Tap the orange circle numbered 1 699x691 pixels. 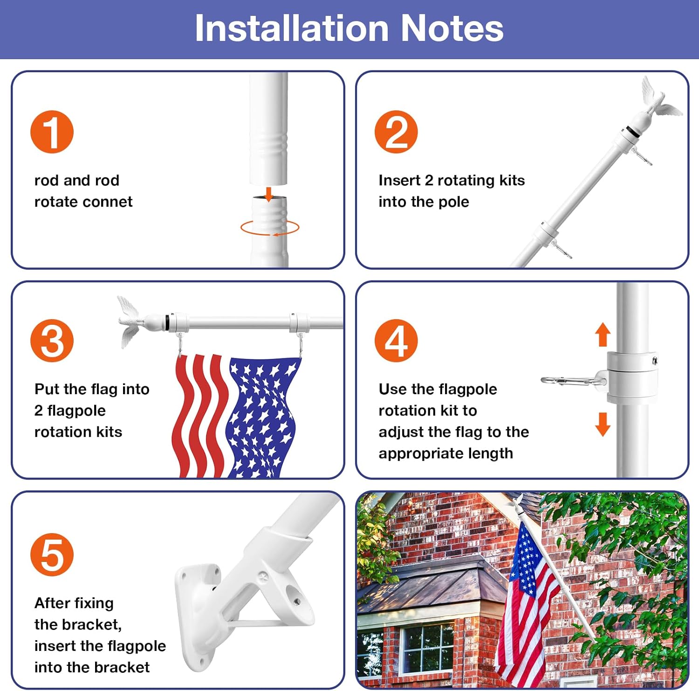tap(52, 132)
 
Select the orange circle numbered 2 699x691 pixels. tap(396, 132)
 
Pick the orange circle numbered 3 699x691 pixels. tap(52, 341)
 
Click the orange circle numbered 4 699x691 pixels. tap(396, 341)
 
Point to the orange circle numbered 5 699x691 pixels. tap(52, 554)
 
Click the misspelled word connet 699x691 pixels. tap(114, 202)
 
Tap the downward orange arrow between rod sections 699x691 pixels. tap(268, 194)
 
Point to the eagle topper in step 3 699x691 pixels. tap(132, 320)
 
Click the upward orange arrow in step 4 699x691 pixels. tap(603, 334)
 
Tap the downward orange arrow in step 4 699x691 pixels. tap(603, 424)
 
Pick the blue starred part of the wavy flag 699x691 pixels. tap(261, 415)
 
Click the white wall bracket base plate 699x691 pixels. tap(196, 615)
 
